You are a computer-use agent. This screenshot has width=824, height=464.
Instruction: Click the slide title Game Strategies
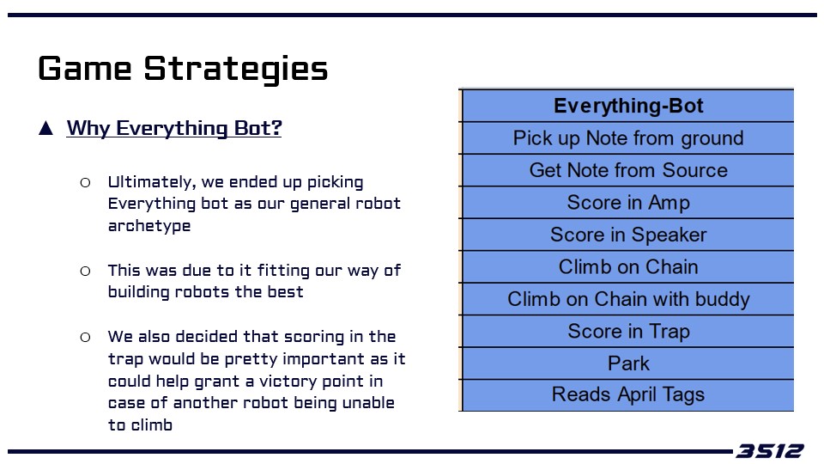(x=183, y=69)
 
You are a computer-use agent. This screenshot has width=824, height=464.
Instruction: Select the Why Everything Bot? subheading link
(x=174, y=128)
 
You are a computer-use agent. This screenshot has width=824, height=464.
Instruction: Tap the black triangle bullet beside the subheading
(x=45, y=128)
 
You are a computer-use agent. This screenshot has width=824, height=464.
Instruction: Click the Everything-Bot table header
(x=628, y=106)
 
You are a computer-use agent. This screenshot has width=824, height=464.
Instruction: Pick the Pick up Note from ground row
(x=628, y=137)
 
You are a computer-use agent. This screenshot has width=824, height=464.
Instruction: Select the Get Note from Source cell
(x=628, y=170)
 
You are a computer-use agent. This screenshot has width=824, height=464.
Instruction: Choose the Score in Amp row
(x=628, y=202)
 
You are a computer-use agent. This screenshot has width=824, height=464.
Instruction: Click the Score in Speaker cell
(x=628, y=234)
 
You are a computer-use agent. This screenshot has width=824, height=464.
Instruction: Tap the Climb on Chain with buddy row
(x=628, y=299)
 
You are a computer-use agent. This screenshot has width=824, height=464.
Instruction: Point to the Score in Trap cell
(x=628, y=331)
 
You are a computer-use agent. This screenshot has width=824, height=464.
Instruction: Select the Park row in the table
(x=628, y=363)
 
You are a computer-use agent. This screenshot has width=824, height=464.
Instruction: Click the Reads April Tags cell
(x=628, y=394)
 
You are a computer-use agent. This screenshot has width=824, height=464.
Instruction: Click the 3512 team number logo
(x=769, y=451)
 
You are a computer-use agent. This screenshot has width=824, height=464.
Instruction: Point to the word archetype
(x=149, y=226)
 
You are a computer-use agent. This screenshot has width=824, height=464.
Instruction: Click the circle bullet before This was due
(x=85, y=271)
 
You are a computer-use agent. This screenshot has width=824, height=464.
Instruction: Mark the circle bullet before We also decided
(x=85, y=337)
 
